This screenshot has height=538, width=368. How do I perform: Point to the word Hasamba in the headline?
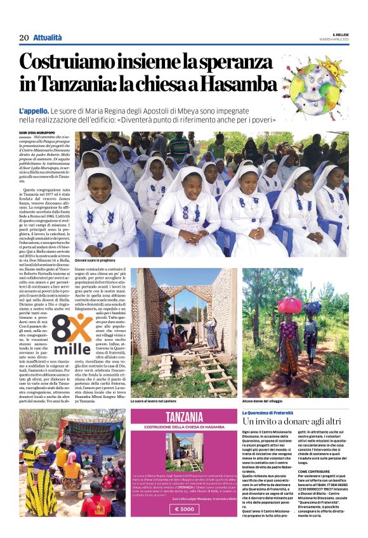(x=240, y=84)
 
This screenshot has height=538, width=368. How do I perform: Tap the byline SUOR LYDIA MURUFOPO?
(x=37, y=132)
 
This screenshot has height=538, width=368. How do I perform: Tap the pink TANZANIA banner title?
(x=184, y=417)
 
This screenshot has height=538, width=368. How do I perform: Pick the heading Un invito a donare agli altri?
(x=290, y=421)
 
